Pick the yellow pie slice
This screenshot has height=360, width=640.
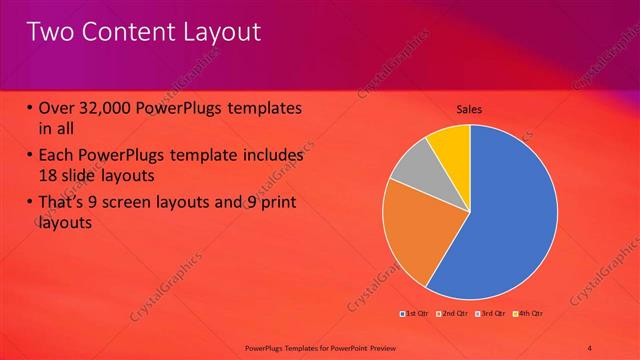tap(451, 142)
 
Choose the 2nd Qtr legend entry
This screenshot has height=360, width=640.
tap(457, 314)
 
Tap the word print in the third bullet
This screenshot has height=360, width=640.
tap(275, 203)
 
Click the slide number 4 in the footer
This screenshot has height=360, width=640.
tap(590, 347)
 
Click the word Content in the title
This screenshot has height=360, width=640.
tap(122, 32)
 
